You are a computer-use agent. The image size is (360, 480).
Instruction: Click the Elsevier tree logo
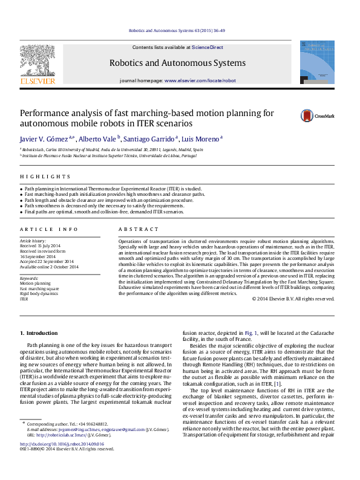38,62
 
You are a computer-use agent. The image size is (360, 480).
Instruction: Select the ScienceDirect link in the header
208,47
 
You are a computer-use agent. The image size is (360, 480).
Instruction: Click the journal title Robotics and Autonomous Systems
177,63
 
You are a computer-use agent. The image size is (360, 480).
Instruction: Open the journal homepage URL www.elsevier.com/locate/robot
200,80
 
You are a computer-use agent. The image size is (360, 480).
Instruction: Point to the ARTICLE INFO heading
49,230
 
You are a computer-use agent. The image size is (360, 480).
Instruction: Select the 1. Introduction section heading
39,333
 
